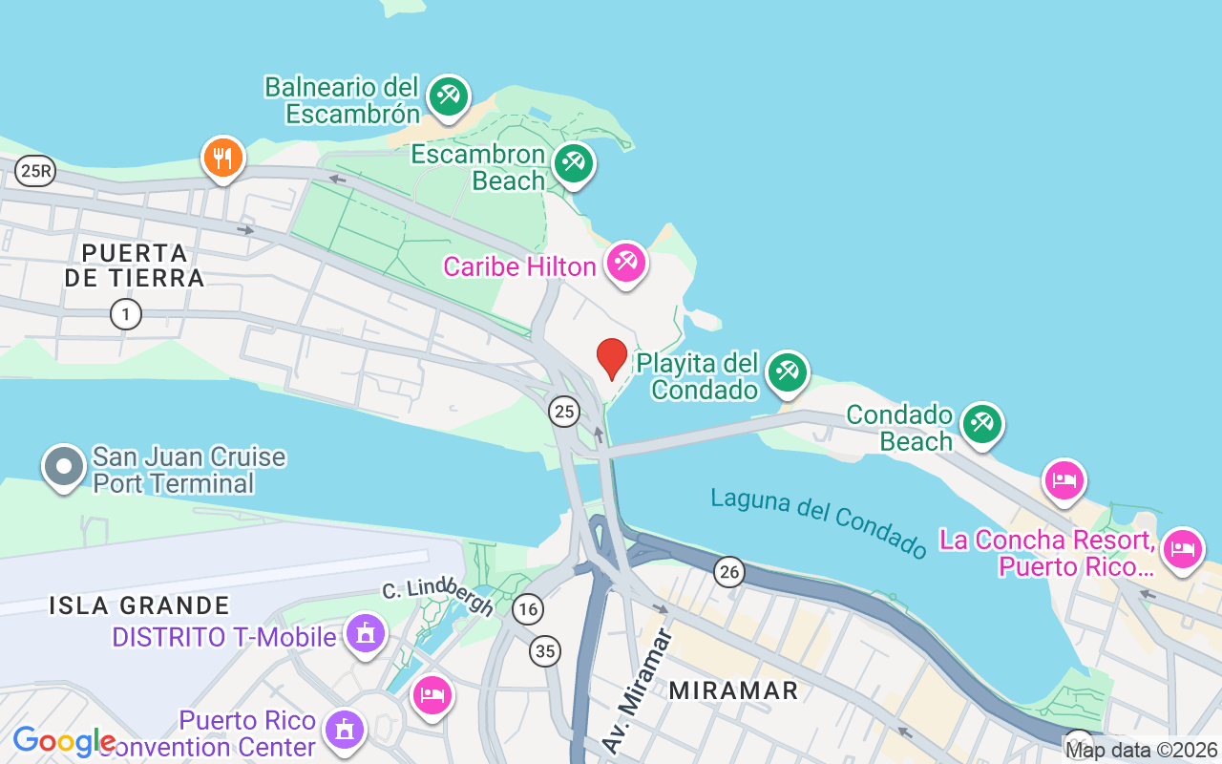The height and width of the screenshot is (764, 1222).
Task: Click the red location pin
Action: click(x=612, y=358)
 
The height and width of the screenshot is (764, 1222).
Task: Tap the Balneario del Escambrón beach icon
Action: click(x=448, y=95)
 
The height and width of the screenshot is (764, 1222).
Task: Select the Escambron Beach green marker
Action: click(x=573, y=163)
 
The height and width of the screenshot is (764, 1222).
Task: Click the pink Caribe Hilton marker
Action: click(x=626, y=262)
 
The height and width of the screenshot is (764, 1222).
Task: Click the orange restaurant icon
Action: click(x=223, y=157)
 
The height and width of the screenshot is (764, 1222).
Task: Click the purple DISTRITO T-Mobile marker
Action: click(x=365, y=634)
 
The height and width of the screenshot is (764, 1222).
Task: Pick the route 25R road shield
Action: click(x=36, y=171)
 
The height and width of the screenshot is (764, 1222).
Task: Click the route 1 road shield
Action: click(x=125, y=313)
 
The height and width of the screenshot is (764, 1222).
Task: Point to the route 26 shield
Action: click(x=729, y=572)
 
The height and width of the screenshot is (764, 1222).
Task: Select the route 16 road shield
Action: click(x=527, y=608)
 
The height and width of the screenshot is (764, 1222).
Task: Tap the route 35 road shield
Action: click(x=544, y=651)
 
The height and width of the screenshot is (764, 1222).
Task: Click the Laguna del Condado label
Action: click(x=819, y=523)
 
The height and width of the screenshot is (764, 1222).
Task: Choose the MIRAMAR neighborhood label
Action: click(x=733, y=690)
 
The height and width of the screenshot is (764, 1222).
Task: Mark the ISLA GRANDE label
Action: click(x=139, y=605)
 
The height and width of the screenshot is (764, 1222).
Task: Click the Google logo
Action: click(x=64, y=741)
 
